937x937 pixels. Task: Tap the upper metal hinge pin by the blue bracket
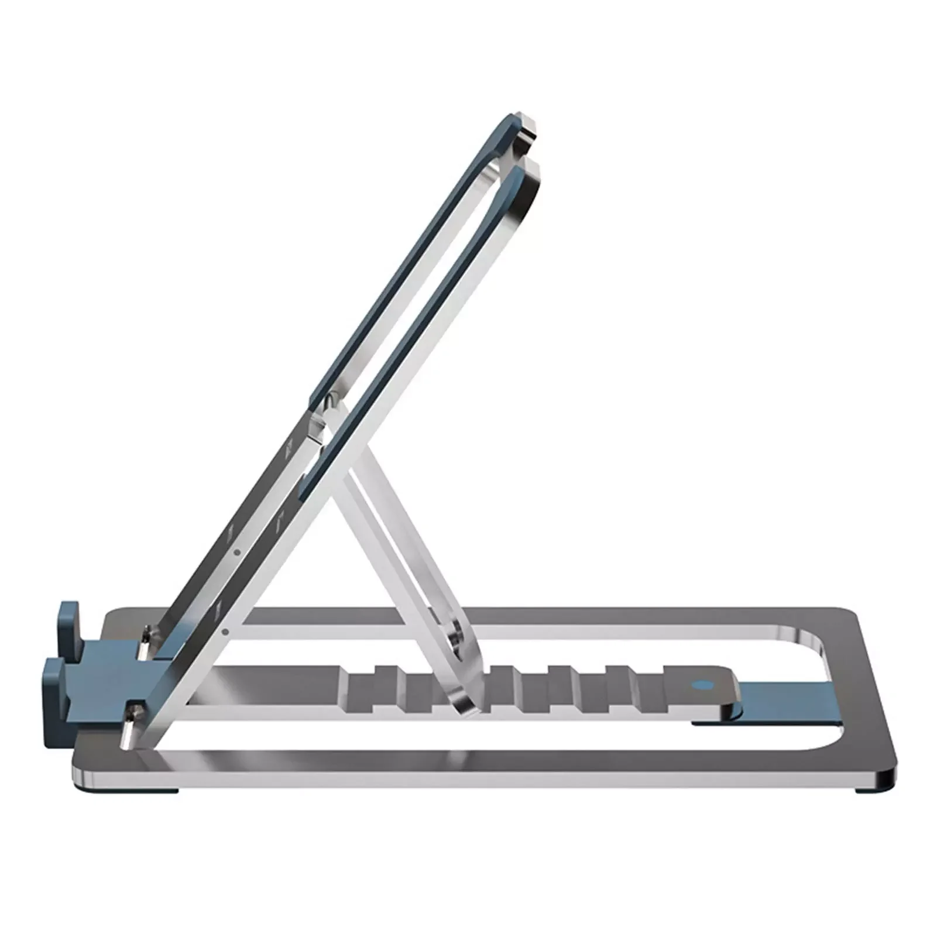pos(145,635)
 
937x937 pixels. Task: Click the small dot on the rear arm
pos(236,551)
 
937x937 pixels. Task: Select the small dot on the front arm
pos(225,631)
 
